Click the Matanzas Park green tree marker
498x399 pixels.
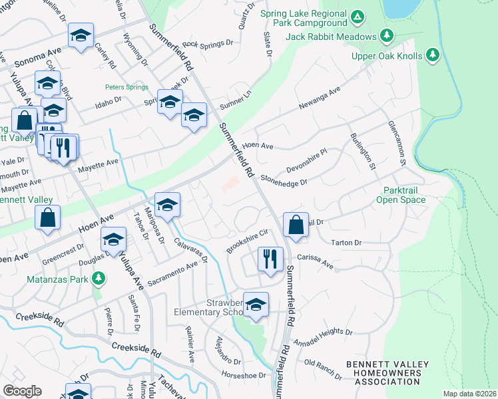click(x=99, y=277)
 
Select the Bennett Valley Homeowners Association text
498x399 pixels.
click(x=383, y=373)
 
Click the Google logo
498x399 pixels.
click(x=22, y=390)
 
